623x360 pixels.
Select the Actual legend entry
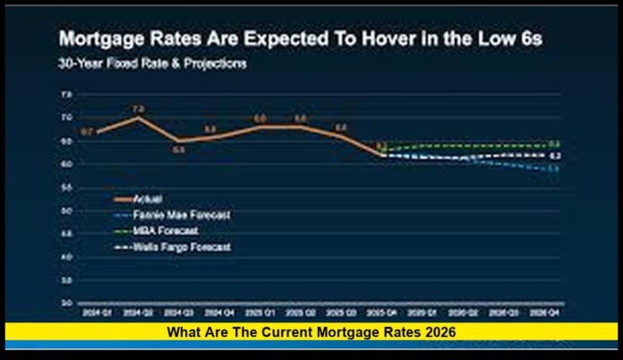pos(144,198)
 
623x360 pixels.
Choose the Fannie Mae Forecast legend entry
pos(171,214)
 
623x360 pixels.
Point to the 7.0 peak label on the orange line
pos(138,109)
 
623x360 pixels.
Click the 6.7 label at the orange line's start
pos(87,132)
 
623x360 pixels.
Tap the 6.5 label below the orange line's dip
pos(178,150)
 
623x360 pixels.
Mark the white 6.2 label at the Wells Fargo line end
pos(555,156)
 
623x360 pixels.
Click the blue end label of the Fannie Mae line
pos(555,169)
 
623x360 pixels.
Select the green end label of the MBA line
pos(555,143)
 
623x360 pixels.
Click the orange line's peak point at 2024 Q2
pos(138,118)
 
